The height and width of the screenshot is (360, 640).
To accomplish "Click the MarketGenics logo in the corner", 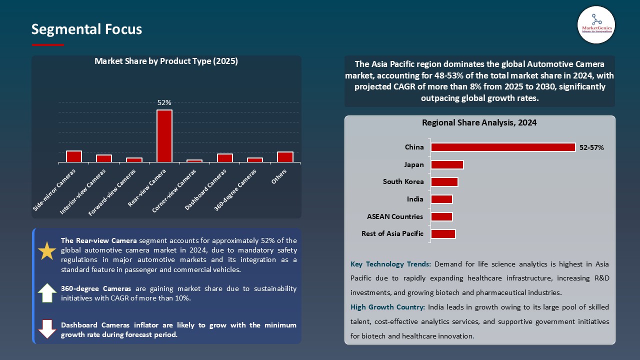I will [x=596, y=24].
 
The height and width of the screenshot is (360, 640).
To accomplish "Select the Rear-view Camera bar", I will [x=164, y=136].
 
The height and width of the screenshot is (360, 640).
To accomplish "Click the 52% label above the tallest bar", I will [x=164, y=102].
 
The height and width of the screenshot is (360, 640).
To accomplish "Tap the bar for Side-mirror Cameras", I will [x=74, y=156].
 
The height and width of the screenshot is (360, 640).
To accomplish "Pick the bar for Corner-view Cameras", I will [x=194, y=161].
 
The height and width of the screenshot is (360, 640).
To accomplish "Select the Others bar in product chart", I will [x=285, y=157].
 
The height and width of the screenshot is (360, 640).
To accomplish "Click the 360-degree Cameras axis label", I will [x=236, y=189].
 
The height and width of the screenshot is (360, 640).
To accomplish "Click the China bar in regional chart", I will [x=503, y=147].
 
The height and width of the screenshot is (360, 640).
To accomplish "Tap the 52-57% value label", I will [x=591, y=147].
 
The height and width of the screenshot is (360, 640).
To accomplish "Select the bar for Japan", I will [x=447, y=165].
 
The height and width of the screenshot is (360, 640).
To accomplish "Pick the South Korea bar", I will [x=444, y=182].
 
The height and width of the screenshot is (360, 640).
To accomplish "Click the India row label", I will [x=415, y=199].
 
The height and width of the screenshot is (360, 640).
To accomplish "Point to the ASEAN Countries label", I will [x=395, y=216].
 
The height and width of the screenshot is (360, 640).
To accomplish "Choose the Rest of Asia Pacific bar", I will [x=443, y=234].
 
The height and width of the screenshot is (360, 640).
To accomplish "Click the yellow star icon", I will [x=47, y=250].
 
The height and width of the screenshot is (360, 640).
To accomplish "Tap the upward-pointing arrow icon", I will [x=47, y=292].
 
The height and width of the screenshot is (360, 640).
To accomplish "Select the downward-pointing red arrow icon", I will [x=47, y=329].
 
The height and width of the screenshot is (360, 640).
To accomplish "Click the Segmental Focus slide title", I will [x=86, y=29].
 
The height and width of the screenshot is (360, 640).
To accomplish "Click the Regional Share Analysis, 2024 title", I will [x=479, y=122].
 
